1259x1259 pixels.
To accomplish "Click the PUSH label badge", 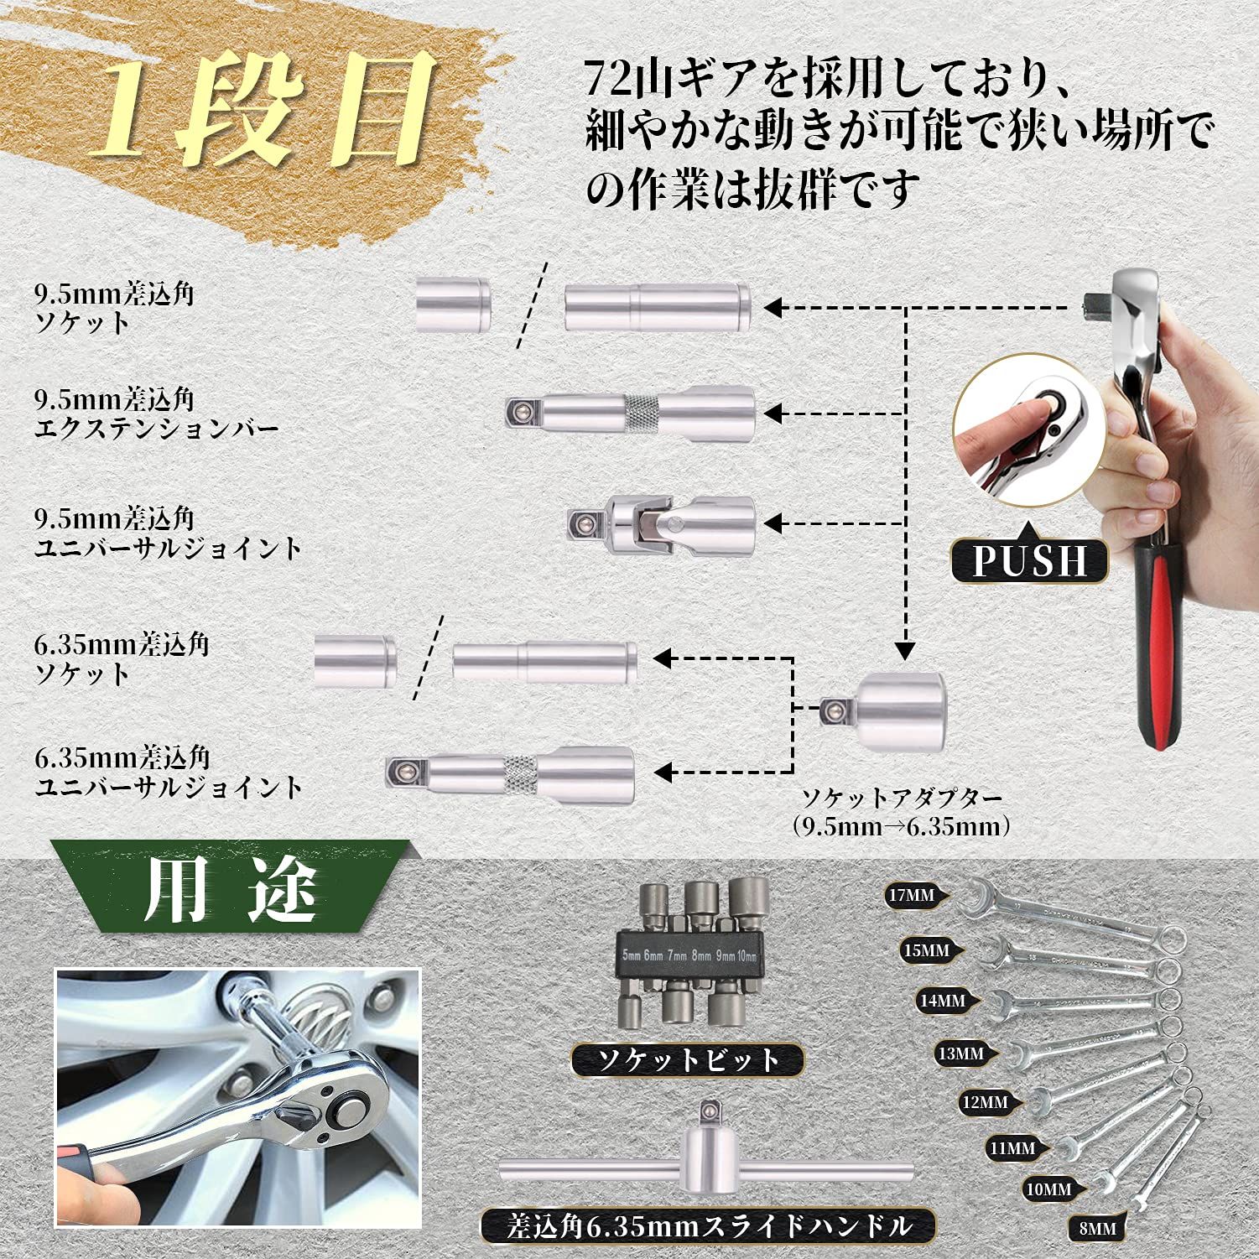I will (x=1030, y=560).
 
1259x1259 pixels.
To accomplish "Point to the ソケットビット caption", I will (x=686, y=1060).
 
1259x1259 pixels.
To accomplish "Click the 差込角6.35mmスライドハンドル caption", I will (x=708, y=1227).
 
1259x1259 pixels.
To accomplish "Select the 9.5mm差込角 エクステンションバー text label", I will (x=156, y=414).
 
